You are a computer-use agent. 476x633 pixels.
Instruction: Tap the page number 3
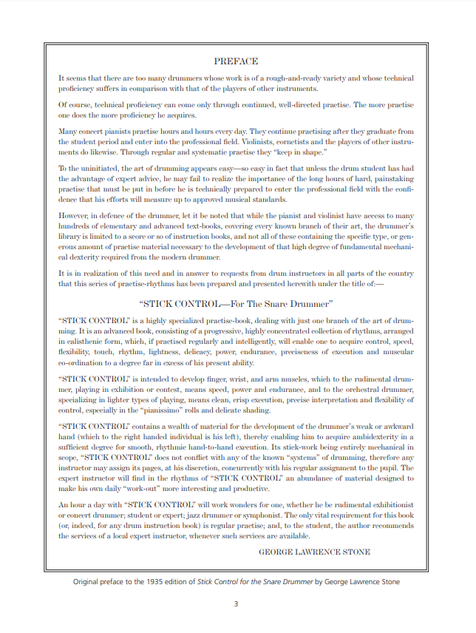pyautogui.click(x=236, y=604)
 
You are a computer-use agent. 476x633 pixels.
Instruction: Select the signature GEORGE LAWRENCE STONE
pyautogui.click(x=314, y=552)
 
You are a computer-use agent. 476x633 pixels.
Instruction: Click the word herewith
pyautogui.click(x=300, y=284)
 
